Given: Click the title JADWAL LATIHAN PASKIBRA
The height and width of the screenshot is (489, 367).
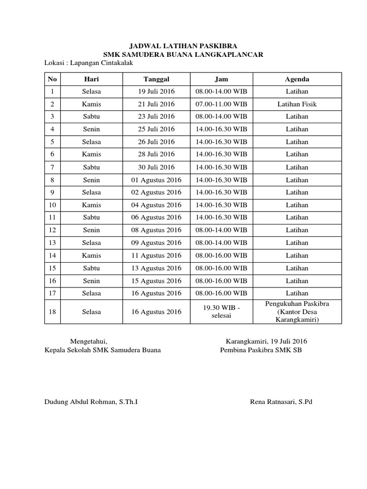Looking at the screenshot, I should pyautogui.click(x=183, y=47).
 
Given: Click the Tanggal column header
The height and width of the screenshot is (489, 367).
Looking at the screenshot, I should pyautogui.click(x=156, y=79).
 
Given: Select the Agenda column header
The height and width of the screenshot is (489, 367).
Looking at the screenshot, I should pyautogui.click(x=297, y=79).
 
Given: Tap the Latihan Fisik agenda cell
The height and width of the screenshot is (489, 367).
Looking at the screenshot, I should pyautogui.click(x=297, y=104).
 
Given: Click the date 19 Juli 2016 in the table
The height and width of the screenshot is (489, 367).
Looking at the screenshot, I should pyautogui.click(x=156, y=91).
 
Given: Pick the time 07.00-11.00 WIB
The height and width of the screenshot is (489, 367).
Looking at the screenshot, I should pyautogui.click(x=221, y=104).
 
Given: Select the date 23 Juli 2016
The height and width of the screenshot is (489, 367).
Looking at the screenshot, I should pyautogui.click(x=156, y=117).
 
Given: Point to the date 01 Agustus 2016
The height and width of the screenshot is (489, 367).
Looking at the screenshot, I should pyautogui.click(x=156, y=180).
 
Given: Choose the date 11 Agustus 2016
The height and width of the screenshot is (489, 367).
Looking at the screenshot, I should pyautogui.click(x=156, y=255).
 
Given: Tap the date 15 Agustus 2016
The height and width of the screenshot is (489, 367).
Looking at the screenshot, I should pyautogui.click(x=156, y=281).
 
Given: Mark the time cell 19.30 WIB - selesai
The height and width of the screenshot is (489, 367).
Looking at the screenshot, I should pyautogui.click(x=221, y=312).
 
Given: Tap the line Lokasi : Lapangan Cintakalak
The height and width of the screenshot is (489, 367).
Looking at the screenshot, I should pyautogui.click(x=88, y=63).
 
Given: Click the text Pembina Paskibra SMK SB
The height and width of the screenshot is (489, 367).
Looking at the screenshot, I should pyautogui.click(x=261, y=350).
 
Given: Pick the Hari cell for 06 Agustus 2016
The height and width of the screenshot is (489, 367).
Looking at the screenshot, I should pyautogui.click(x=91, y=218).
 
